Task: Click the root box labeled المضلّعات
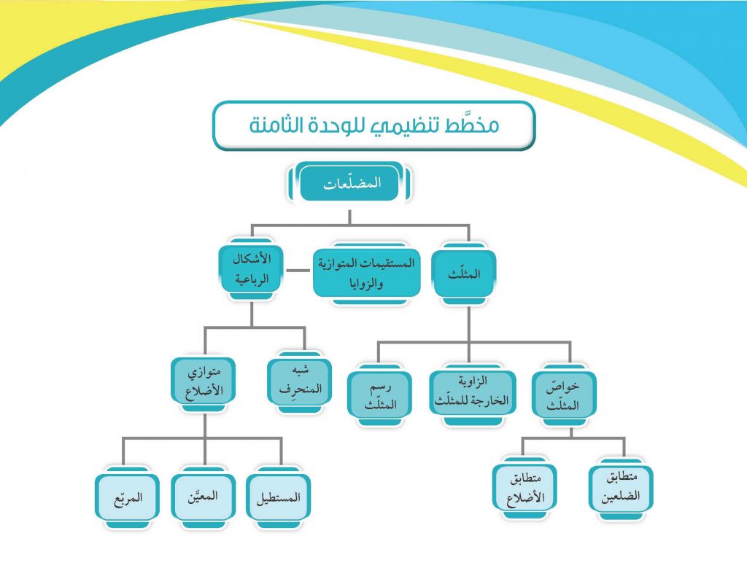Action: click(x=349, y=183)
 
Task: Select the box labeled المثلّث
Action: click(x=464, y=274)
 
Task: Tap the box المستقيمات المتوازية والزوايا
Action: click(x=367, y=273)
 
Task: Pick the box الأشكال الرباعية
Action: click(x=252, y=269)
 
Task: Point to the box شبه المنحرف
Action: click(x=300, y=382)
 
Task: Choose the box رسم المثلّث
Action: click(x=379, y=395)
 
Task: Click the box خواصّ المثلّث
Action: click(x=564, y=395)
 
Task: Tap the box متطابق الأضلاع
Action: click(x=524, y=488)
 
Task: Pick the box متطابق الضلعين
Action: click(x=621, y=488)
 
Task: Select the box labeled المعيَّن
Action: click(x=204, y=497)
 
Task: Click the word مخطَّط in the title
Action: click(x=472, y=125)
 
